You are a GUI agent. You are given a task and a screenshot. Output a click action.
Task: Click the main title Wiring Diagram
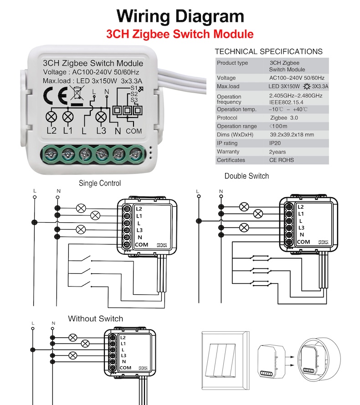[180, 16]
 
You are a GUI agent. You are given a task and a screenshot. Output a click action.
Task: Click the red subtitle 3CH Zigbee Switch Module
[180, 34]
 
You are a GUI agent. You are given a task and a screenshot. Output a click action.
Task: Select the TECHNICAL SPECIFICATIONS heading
[268, 51]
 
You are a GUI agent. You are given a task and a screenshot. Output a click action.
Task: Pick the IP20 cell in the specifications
[276, 143]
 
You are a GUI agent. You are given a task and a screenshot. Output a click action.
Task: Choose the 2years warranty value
[277, 152]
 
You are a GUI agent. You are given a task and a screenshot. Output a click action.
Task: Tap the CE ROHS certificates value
[282, 160]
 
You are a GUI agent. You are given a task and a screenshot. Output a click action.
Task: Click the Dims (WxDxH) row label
[235, 135]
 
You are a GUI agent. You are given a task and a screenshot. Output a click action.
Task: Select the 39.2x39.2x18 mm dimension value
[292, 135]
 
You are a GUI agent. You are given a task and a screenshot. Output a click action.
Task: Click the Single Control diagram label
[100, 183]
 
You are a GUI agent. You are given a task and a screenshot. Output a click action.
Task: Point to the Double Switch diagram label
[247, 176]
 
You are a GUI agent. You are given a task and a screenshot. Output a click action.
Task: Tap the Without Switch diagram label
[95, 318]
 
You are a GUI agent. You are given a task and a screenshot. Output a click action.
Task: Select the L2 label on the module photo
[51, 131]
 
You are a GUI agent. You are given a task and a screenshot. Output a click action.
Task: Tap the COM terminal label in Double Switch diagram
[303, 242]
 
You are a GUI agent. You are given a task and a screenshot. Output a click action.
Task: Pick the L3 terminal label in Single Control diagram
[139, 230]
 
